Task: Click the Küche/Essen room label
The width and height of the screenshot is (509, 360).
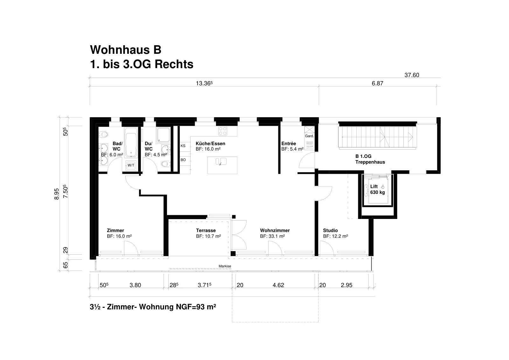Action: (210, 144)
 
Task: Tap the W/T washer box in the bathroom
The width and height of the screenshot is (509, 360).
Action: (131, 165)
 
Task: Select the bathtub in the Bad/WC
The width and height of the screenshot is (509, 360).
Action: (131, 142)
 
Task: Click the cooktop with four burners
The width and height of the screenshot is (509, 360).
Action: (222, 131)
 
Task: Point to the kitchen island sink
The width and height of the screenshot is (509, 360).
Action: (221, 161)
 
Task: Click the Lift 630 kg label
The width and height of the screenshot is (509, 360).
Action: (377, 189)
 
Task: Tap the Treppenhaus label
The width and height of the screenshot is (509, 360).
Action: (370, 162)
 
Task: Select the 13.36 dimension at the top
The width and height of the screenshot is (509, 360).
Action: (204, 83)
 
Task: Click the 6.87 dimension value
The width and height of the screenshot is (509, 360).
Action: (377, 83)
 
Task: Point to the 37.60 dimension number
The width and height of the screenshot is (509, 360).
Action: (412, 75)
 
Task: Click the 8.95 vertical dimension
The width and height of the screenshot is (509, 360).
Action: (57, 194)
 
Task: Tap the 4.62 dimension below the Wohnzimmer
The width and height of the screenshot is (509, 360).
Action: (278, 285)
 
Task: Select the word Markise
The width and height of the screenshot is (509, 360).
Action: (225, 266)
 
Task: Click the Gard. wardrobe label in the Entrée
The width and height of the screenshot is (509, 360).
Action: (309, 136)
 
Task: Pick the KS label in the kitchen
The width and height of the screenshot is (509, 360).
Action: (183, 146)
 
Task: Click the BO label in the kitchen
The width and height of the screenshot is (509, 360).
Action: (183, 160)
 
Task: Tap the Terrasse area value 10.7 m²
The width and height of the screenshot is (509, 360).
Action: (208, 236)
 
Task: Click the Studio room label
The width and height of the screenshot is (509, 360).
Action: (331, 230)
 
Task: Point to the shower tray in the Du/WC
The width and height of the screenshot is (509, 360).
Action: (163, 135)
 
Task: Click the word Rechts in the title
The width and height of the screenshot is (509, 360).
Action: (174, 64)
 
